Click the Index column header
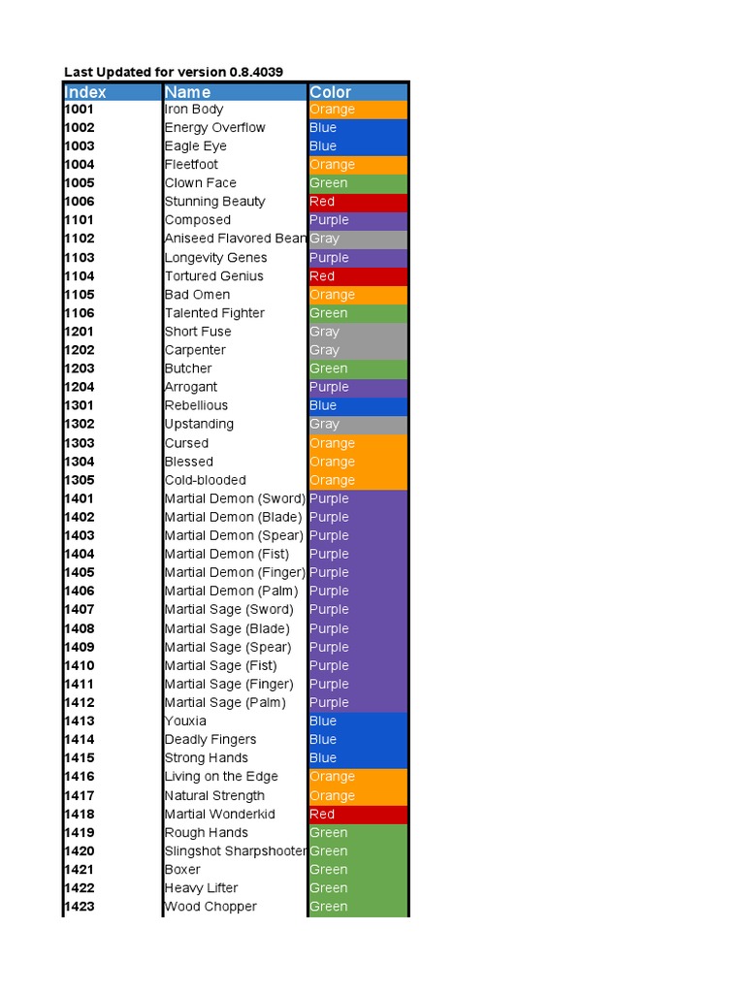click(85, 92)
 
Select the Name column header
click(187, 92)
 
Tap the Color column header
click(331, 92)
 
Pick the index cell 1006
click(80, 202)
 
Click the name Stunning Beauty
click(214, 202)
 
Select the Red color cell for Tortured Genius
click(358, 276)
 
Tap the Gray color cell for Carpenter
click(358, 350)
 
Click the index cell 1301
click(80, 405)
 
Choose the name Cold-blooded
click(205, 480)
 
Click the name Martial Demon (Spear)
click(234, 535)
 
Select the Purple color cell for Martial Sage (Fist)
click(358, 665)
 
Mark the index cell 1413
click(80, 721)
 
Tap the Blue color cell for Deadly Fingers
click(358, 739)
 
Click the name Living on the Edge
click(221, 777)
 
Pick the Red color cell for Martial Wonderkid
click(358, 815)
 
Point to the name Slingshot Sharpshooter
click(236, 851)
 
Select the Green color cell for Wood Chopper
click(358, 907)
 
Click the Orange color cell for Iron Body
click(358, 110)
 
